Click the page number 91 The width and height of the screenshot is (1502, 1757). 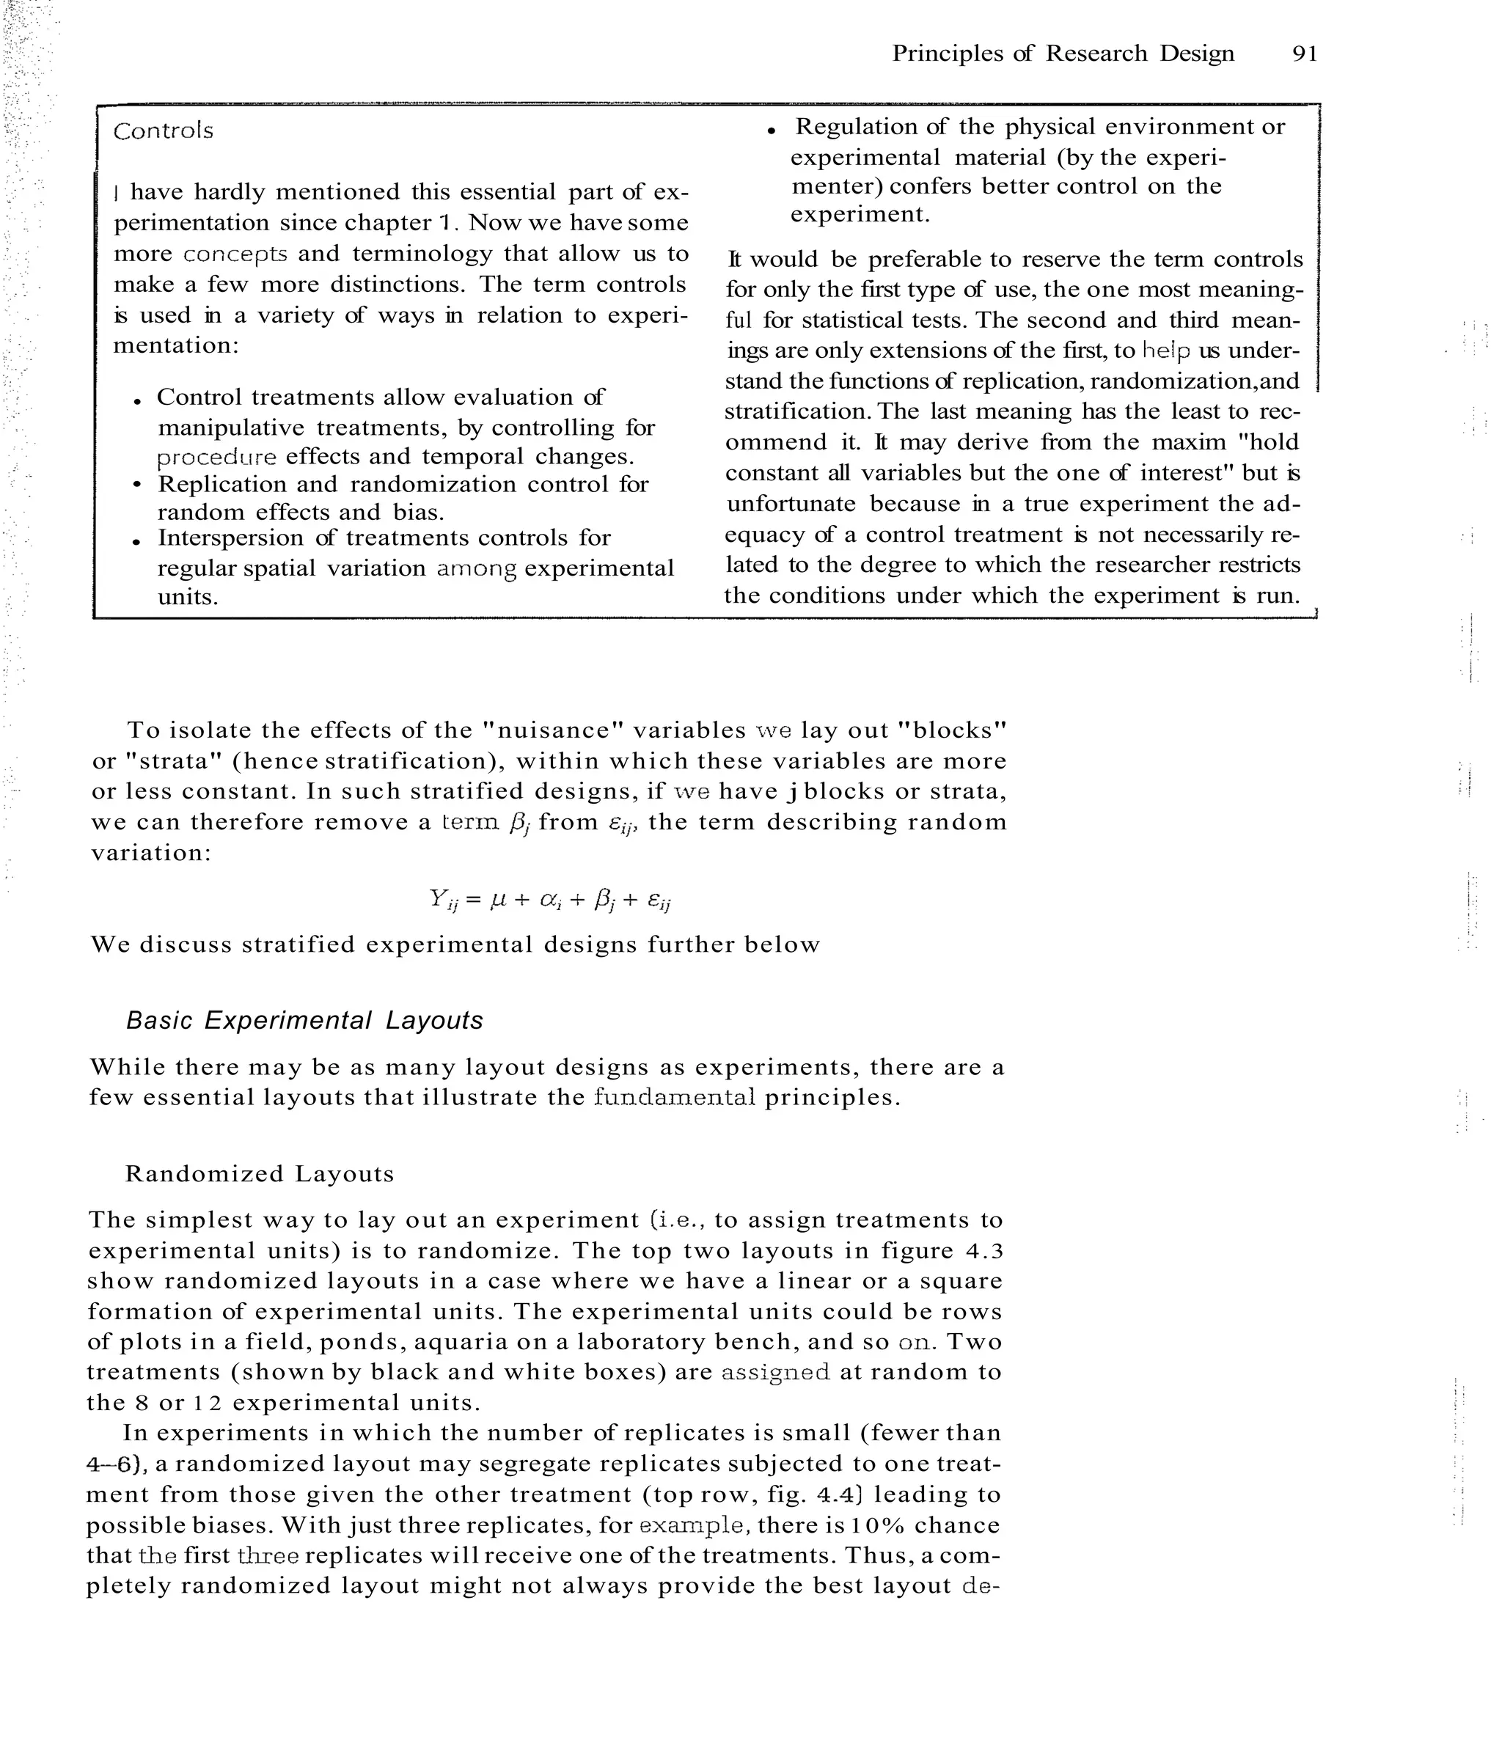tap(1305, 54)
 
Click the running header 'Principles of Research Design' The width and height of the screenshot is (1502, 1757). tap(1063, 54)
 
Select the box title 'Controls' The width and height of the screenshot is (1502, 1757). tap(163, 131)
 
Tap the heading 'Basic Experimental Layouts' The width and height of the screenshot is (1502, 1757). tap(304, 1020)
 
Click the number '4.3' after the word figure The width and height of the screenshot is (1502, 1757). tap(983, 1251)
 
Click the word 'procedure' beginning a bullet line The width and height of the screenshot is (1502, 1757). tap(217, 457)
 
